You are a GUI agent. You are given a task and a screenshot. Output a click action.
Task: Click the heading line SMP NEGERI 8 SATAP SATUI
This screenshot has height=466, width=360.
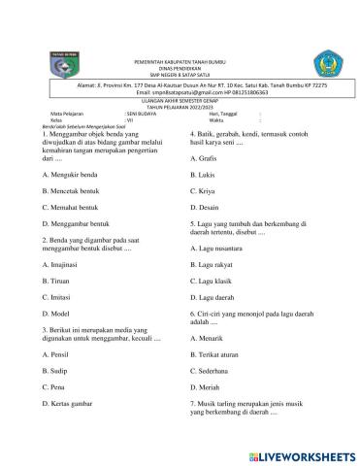(x=180, y=75)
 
